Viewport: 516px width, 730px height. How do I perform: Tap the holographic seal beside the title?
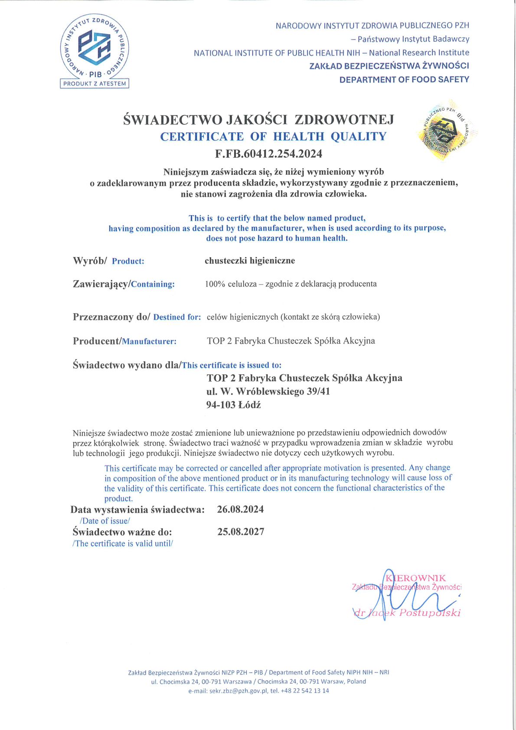pyautogui.click(x=447, y=130)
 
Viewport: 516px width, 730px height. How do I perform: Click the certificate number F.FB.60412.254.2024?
pyautogui.click(x=268, y=154)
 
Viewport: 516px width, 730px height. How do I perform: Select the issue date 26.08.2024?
pyautogui.click(x=240, y=509)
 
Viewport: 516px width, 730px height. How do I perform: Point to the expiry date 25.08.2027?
pyautogui.click(x=241, y=532)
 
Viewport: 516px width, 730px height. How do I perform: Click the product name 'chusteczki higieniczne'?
pyautogui.click(x=250, y=261)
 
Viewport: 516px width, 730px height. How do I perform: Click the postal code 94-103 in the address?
pyautogui.click(x=221, y=405)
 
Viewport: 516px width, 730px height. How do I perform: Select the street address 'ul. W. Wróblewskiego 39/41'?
pyautogui.click(x=268, y=391)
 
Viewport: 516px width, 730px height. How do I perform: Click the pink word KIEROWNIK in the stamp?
pyautogui.click(x=416, y=578)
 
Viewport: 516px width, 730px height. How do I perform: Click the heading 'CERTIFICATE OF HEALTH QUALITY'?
pyautogui.click(x=273, y=136)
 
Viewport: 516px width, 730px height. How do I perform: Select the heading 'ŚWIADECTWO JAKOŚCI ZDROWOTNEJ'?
pyautogui.click(x=258, y=119)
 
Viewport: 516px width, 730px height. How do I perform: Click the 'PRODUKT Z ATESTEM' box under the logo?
pyautogui.click(x=95, y=84)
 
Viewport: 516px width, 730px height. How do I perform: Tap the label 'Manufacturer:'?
pyautogui.click(x=149, y=341)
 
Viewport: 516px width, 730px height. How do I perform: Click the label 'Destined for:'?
pyautogui.click(x=177, y=317)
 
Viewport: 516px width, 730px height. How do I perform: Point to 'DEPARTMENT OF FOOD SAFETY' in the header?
pyautogui.click(x=404, y=79)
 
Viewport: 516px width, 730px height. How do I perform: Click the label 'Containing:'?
pyautogui.click(x=153, y=285)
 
